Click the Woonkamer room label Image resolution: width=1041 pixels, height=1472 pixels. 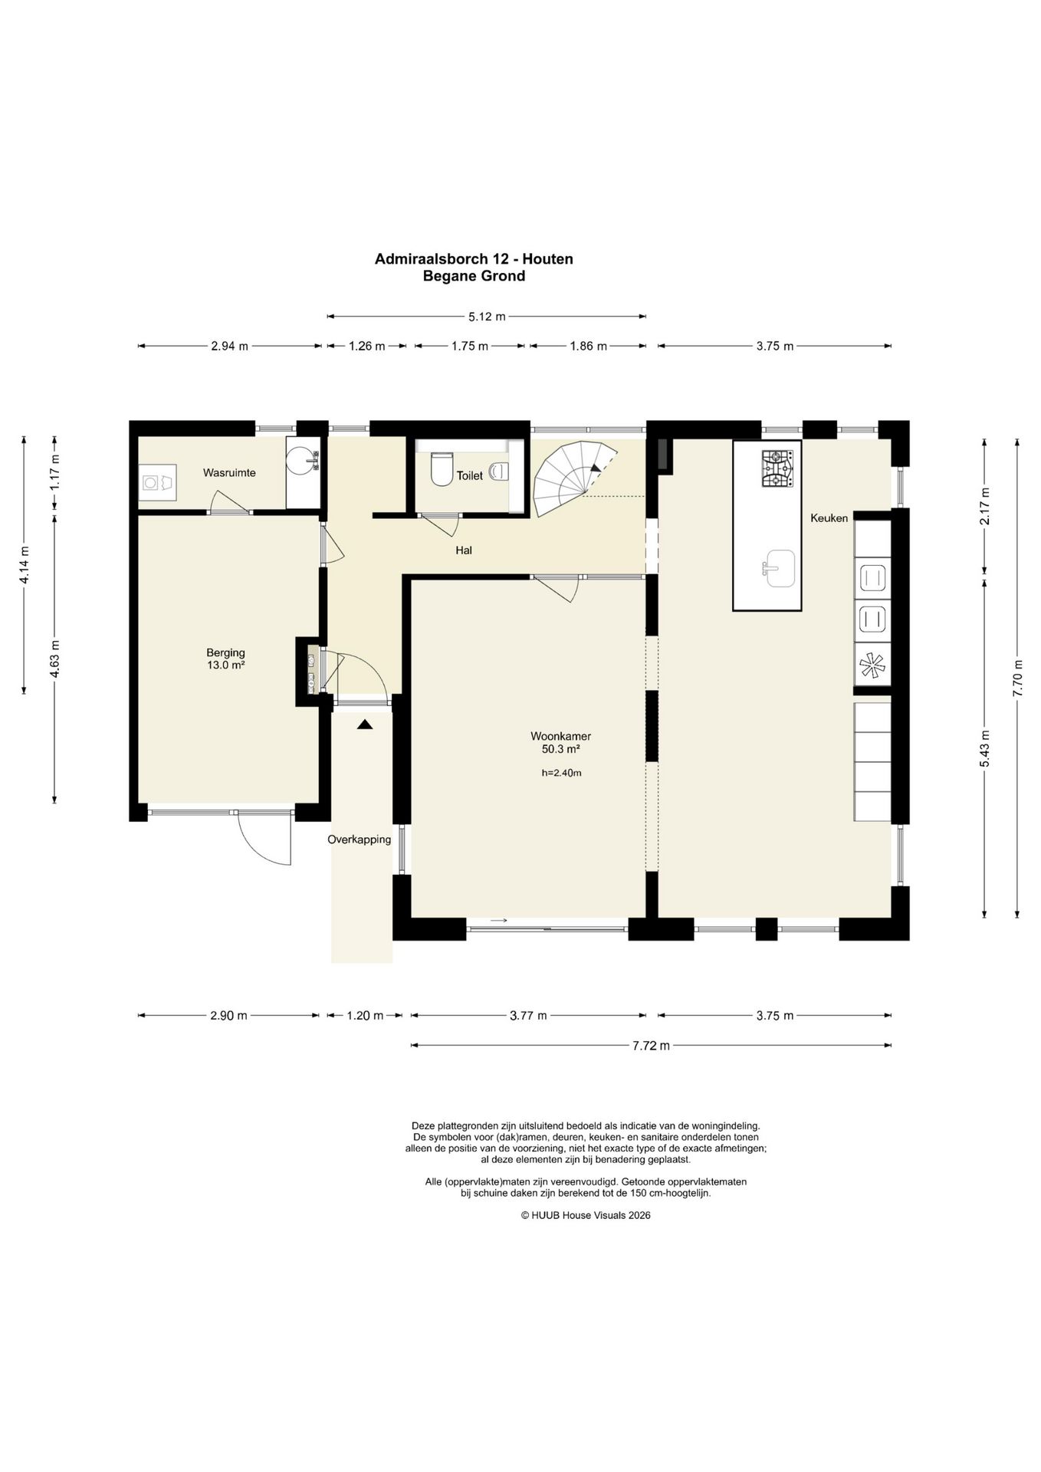[x=561, y=736]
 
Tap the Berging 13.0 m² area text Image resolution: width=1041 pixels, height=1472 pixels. [x=225, y=659]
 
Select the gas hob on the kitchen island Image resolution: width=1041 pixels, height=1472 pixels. [x=777, y=468]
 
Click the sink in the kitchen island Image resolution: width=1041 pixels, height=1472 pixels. [x=778, y=567]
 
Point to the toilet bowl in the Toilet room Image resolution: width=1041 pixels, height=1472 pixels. [x=441, y=470]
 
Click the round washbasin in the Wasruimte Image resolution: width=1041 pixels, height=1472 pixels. [x=303, y=461]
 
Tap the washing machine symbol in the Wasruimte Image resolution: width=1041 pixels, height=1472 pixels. [x=159, y=482]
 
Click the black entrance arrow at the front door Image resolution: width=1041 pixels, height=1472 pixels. [x=365, y=723]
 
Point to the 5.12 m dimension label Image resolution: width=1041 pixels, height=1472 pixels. [x=487, y=316]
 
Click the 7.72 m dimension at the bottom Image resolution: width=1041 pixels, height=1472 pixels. [x=651, y=1045]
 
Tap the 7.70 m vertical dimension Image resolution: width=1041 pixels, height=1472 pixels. [x=1017, y=678]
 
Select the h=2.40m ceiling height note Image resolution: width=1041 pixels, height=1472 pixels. [x=561, y=773]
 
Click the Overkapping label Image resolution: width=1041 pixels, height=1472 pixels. [x=360, y=839]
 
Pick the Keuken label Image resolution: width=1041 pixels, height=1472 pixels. [x=829, y=518]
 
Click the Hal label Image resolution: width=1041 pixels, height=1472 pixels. [x=464, y=550]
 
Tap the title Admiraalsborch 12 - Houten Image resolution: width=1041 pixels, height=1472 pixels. [x=474, y=259]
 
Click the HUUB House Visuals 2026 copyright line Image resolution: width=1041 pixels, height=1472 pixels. [x=586, y=1215]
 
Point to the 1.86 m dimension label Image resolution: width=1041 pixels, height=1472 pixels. [x=588, y=347]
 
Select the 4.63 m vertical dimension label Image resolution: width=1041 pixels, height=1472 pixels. [x=54, y=659]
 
